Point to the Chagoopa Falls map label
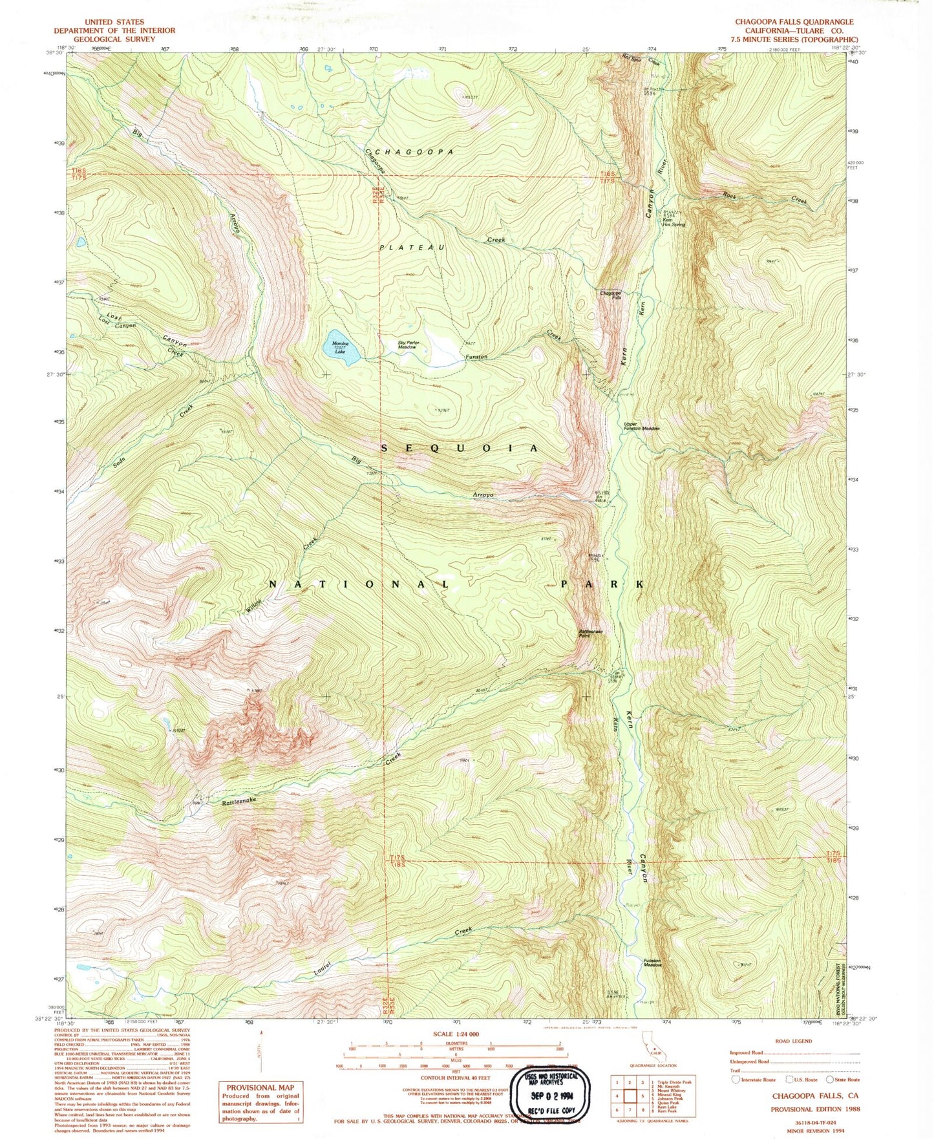tap(610, 295)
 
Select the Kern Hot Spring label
tap(673, 222)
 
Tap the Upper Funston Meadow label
tap(641, 427)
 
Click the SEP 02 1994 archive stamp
tap(551, 1095)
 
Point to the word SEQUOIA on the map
tap(459, 448)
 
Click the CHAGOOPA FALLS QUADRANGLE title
tap(794, 22)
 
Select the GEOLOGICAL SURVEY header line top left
tap(114, 39)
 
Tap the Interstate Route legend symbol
tap(735, 1080)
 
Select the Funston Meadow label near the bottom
tap(652, 963)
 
